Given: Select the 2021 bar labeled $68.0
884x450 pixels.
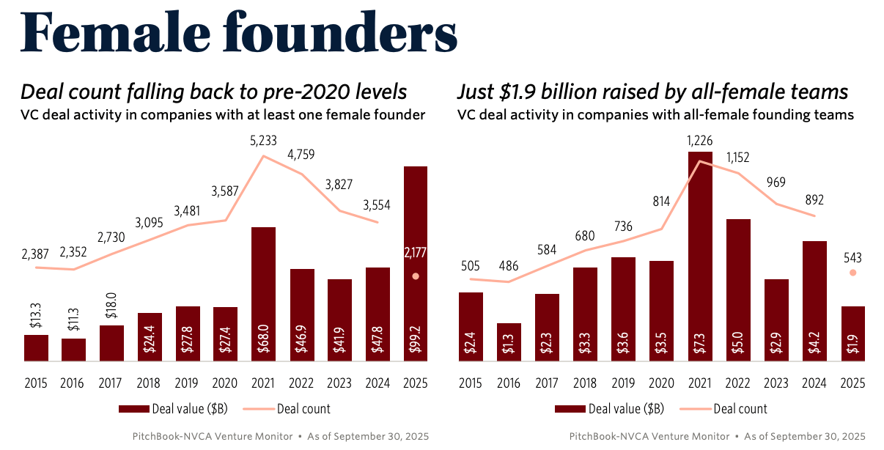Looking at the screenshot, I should coord(263,293).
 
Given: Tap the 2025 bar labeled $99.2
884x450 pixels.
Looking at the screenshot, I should coord(415,264).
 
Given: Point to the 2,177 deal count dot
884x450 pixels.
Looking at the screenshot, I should coord(416,276).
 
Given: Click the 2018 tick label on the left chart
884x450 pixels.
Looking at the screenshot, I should coord(150,383).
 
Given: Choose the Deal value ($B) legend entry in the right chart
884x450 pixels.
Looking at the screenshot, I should coord(610,409).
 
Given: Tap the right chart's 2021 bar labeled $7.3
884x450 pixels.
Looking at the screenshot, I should coord(700,257).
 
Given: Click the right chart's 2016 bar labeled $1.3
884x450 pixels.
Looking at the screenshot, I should coord(509,342).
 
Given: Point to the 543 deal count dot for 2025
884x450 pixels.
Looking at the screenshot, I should coord(852,273).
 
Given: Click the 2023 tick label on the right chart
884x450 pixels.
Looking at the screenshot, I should coord(776,383).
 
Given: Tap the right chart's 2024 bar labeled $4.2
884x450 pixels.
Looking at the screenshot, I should coord(814,300).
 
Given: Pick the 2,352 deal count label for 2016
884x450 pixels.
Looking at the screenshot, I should coord(74,253).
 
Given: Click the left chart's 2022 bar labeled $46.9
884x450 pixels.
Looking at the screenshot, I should coord(301,315).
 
